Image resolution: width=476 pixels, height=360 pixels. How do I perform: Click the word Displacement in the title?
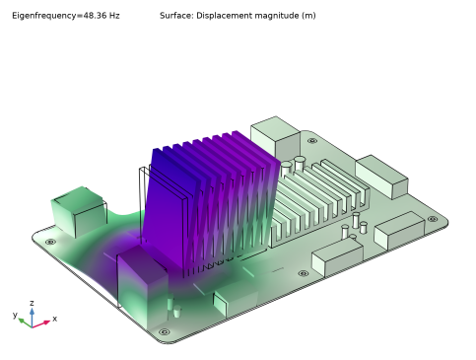point(218,16)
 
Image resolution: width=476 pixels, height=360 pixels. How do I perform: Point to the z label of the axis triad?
point(32,303)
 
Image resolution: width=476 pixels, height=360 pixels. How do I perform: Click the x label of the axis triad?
point(55,319)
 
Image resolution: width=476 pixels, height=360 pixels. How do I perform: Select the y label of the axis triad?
point(15,315)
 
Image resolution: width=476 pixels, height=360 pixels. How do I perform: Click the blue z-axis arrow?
point(32,318)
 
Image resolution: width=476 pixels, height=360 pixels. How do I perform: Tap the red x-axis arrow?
point(41,324)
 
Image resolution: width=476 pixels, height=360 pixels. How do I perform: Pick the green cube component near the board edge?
point(79,209)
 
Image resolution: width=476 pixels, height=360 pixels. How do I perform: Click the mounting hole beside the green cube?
point(50,242)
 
